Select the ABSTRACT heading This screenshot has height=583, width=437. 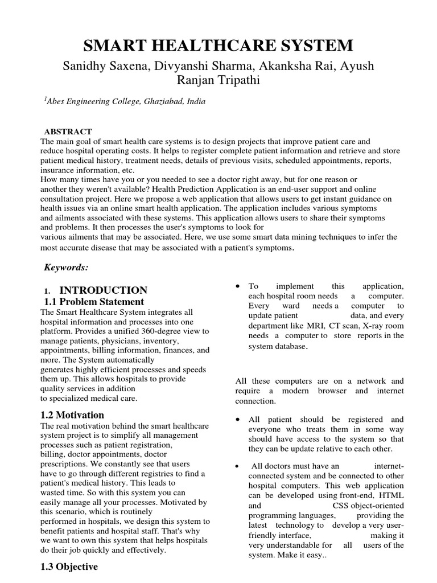click(72, 132)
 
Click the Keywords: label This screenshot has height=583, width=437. click(66, 267)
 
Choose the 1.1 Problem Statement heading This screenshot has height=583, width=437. click(94, 302)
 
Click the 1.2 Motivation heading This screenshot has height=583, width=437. click(72, 415)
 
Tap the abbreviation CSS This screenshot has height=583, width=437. click(342, 505)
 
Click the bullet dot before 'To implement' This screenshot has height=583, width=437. click(238, 286)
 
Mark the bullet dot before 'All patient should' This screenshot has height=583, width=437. click(238, 420)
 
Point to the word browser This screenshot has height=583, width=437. click(324, 391)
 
